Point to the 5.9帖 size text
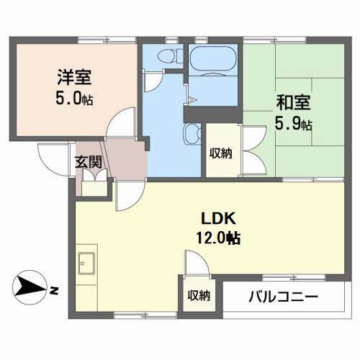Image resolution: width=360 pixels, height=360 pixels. pos(292,123)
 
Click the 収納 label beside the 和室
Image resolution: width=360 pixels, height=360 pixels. pos(220,152)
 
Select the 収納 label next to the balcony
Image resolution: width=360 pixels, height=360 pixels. pos(199,295)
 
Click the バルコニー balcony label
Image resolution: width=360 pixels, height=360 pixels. pos(283,295)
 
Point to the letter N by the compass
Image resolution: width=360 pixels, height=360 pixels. pos(55,290)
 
